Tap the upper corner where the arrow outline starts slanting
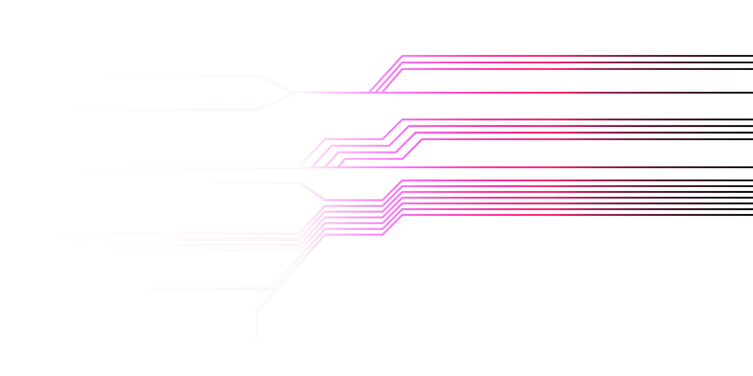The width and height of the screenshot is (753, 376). coord(258,76)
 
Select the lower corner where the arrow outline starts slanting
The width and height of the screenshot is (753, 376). coord(258,110)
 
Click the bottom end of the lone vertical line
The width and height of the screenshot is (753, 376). coord(256,337)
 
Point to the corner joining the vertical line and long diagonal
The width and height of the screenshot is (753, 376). coord(256,312)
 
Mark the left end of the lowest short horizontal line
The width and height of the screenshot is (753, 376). coord(147,289)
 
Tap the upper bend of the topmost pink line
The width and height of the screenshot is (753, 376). coord(402,56)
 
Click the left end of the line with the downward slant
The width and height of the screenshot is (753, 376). coord(209,183)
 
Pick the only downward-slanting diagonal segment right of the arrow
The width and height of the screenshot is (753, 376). coord(312,191)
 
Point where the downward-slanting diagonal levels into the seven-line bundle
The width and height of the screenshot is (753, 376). coord(325,200)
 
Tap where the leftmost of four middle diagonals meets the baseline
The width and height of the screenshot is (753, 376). coord(299,166)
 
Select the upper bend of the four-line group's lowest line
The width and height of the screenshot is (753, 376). coord(422,139)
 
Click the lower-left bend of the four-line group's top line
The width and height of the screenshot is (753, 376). coord(325,139)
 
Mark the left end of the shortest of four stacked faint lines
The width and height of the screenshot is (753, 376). coord(172,239)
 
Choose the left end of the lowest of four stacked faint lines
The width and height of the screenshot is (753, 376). coord(102,250)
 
